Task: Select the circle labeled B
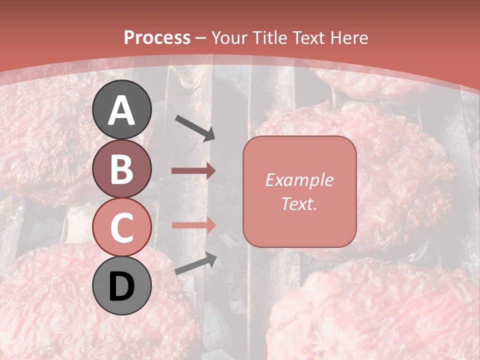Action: (121, 168)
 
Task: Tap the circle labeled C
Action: (121, 227)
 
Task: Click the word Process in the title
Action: (157, 38)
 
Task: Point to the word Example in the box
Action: (299, 180)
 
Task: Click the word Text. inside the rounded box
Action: (299, 203)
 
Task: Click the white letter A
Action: (121, 110)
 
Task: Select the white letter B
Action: (121, 168)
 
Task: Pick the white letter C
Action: (121, 227)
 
